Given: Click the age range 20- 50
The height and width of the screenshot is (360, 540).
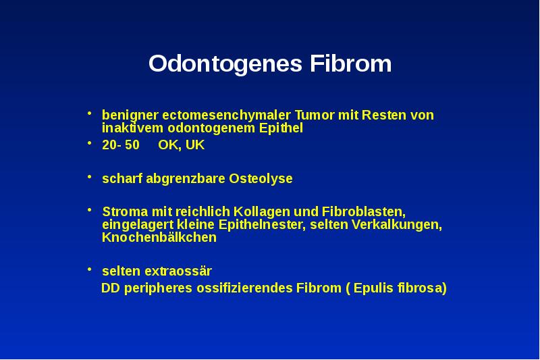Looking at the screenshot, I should [121, 145].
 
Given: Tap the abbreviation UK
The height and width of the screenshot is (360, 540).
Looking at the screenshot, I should [196, 145].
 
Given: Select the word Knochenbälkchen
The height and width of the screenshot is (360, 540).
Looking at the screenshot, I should [159, 238].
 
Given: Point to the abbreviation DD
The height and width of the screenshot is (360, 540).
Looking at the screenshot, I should [110, 288].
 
